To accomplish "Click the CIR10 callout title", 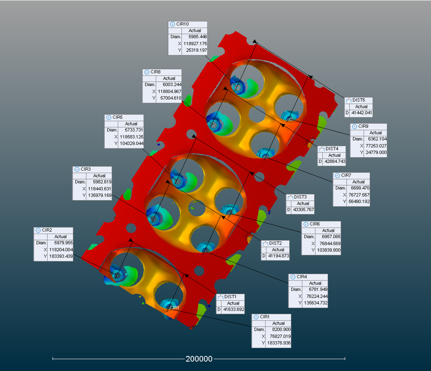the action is (x=182, y=24).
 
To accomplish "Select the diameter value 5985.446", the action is (x=198, y=37).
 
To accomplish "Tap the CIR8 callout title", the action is (x=155, y=72).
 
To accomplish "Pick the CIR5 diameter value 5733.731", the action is (x=134, y=130).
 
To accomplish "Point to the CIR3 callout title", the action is (x=85, y=169).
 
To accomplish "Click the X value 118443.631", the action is (x=100, y=189).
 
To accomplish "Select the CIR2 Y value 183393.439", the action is (x=61, y=256).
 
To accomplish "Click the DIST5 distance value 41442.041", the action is (x=362, y=113).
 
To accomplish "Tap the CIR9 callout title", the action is (x=363, y=127).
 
